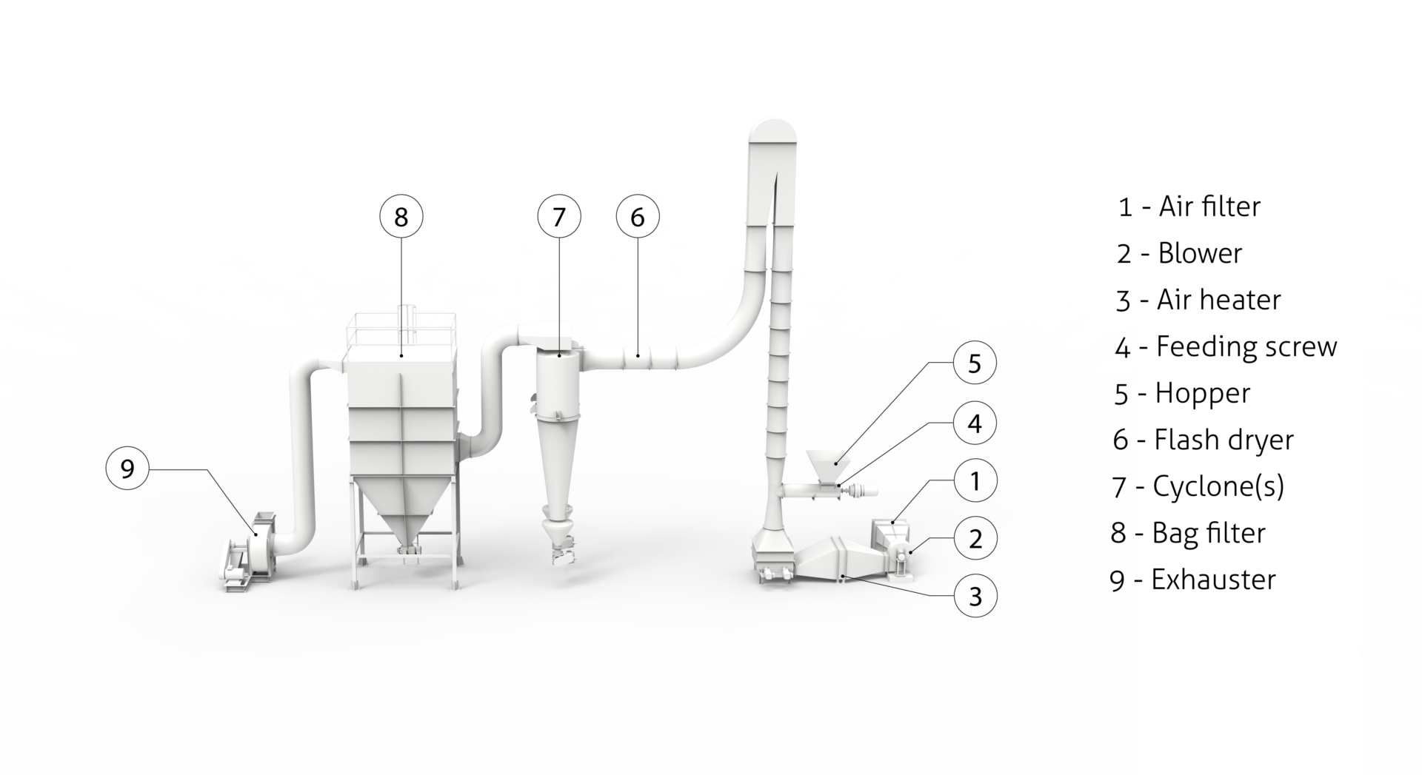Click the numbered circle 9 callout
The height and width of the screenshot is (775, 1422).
(x=127, y=469)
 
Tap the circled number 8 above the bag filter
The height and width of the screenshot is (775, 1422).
(x=401, y=217)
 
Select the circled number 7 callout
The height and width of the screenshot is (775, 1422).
(x=559, y=217)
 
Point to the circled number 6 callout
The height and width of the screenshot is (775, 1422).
(x=638, y=217)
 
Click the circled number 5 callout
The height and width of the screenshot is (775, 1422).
(x=975, y=363)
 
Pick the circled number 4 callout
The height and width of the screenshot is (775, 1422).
(x=975, y=423)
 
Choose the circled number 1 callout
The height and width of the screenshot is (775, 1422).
(x=975, y=480)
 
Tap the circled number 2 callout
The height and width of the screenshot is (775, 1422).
(x=975, y=538)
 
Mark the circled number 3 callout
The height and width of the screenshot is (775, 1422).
(x=975, y=595)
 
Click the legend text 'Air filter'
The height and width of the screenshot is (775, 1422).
(x=1209, y=207)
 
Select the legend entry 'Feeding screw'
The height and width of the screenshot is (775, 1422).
(x=1246, y=346)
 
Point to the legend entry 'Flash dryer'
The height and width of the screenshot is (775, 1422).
(x=1224, y=440)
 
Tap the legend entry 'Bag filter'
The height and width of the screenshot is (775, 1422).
(x=1209, y=533)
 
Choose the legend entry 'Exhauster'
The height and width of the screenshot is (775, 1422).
(x=1213, y=580)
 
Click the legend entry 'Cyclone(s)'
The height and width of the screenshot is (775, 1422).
(x=1218, y=486)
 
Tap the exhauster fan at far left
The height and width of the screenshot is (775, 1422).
(x=248, y=551)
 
